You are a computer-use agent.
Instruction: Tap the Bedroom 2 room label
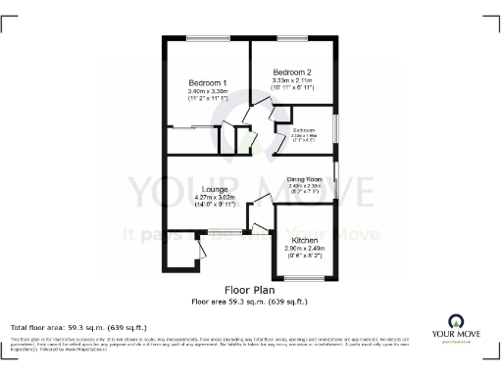tap(292, 72)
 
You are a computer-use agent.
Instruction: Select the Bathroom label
tap(301, 128)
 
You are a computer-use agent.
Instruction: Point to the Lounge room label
tap(216, 188)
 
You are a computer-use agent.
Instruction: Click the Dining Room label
tap(304, 179)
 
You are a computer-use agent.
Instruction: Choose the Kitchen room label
tap(301, 240)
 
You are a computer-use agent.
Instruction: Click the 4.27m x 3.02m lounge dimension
tap(216, 197)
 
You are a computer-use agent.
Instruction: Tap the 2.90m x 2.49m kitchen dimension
tap(301, 249)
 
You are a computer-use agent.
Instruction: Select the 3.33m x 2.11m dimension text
tap(292, 81)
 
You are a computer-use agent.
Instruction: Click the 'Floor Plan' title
tap(250, 291)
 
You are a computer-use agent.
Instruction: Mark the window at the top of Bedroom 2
tap(291, 38)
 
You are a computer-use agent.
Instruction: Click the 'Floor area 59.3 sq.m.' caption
tap(250, 301)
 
